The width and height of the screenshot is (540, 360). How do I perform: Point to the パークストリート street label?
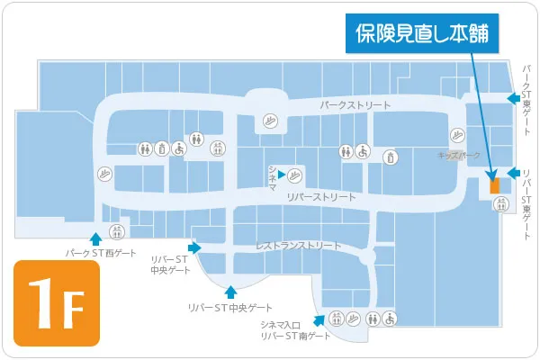pos(355,105)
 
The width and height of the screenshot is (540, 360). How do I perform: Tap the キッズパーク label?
pos(459,156)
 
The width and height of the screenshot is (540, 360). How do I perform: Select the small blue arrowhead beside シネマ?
pos(282,173)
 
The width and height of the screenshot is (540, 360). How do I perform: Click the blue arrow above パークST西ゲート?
pos(96,238)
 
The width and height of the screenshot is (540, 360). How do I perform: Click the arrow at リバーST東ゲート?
pos(513,173)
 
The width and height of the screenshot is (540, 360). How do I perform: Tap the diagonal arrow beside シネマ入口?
pos(319,318)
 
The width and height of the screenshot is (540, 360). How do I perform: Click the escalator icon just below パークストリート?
pos(270,120)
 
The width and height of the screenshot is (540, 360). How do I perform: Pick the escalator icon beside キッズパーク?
pos(459,135)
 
